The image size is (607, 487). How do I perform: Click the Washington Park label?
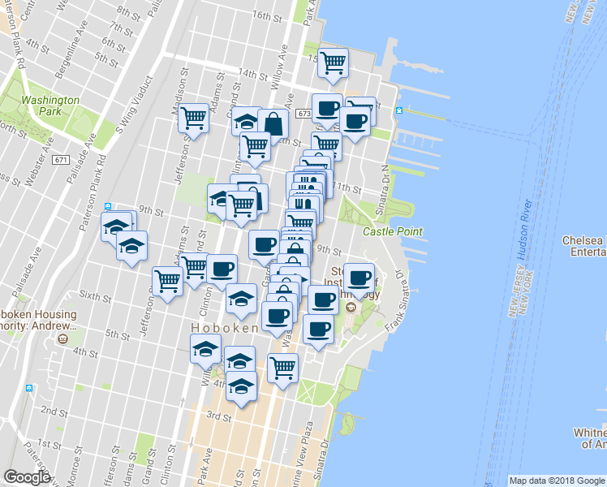(x=50, y=106)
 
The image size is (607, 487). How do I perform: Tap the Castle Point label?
(x=392, y=232)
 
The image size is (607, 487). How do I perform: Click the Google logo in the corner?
(x=27, y=477)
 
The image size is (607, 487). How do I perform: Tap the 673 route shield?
(x=304, y=114)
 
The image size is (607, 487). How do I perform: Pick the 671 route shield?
(x=62, y=159)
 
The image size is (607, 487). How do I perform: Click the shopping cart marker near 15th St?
(x=333, y=62)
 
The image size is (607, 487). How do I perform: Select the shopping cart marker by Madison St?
(x=194, y=118)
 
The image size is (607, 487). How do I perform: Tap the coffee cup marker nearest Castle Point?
(x=359, y=277)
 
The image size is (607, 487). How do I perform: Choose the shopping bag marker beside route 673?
(x=273, y=124)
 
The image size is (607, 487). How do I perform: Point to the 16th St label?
(x=265, y=15)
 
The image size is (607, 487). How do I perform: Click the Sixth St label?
(x=96, y=298)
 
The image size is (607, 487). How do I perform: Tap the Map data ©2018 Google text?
(x=557, y=481)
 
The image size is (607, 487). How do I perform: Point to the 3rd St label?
(x=219, y=416)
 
